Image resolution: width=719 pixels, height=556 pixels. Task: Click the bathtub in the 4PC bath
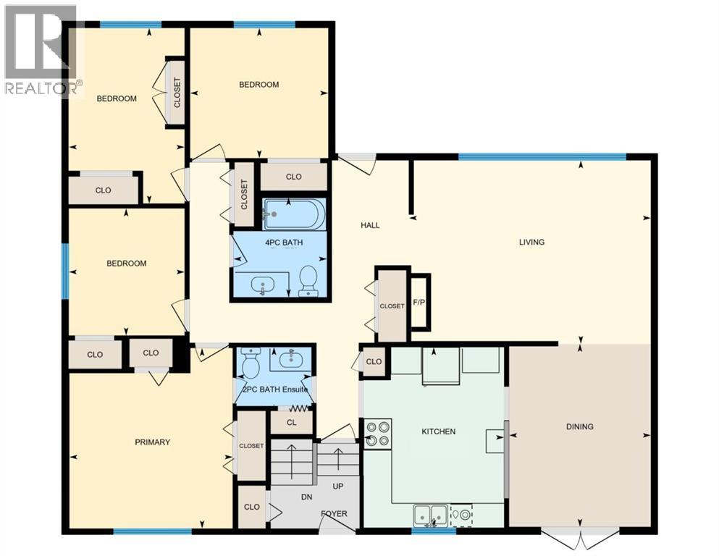[x=294, y=214]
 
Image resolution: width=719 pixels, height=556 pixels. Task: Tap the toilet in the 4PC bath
[x=308, y=280]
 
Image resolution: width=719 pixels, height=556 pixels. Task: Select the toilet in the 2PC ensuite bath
[x=251, y=363]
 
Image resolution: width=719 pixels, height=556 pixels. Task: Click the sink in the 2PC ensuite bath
[x=291, y=358]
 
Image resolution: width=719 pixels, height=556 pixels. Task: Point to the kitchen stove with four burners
[x=378, y=433]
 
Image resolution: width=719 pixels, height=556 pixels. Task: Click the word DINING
[x=579, y=426]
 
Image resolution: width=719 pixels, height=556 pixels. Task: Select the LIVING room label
[x=531, y=242]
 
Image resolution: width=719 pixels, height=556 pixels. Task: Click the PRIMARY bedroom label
[x=152, y=442]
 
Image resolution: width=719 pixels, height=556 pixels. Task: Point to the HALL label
[x=370, y=225]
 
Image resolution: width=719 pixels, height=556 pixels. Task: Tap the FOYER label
[x=334, y=514]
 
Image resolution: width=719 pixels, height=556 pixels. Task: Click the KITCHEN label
[x=439, y=431]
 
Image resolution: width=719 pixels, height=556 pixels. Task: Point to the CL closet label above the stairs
[x=290, y=421]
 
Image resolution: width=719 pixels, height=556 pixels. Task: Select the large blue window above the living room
[x=542, y=156]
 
